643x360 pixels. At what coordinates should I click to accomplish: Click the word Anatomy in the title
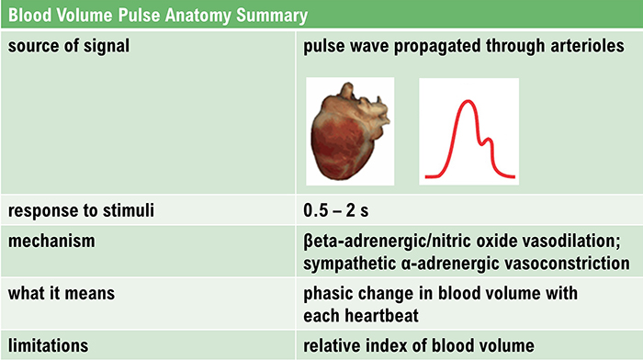(197, 16)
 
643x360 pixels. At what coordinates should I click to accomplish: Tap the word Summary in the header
(272, 16)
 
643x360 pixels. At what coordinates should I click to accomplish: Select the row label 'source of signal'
(69, 46)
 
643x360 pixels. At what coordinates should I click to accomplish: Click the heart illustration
(350, 131)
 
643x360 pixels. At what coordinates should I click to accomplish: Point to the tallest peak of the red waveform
(468, 101)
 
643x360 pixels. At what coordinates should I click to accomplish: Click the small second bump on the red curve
(488, 141)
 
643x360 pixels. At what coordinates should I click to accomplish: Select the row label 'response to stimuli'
(81, 210)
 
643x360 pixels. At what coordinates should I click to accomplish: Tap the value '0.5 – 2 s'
(336, 210)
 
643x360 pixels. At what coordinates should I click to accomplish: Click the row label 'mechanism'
(51, 242)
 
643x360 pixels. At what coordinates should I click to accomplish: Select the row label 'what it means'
(62, 293)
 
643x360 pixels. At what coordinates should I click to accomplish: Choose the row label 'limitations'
(48, 345)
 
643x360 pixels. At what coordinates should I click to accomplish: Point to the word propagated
(436, 46)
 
